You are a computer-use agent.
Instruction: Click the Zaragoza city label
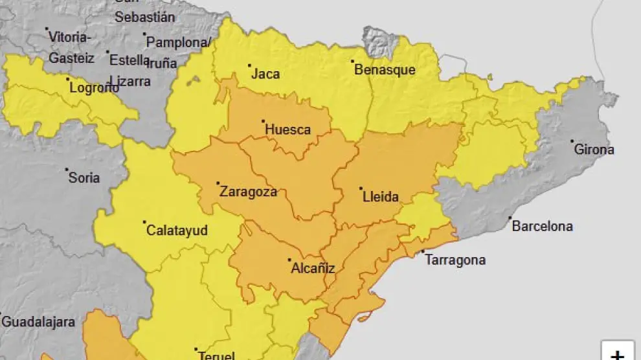(x=248, y=192)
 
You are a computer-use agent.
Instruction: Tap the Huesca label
(x=287, y=129)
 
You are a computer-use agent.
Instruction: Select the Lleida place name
(x=380, y=197)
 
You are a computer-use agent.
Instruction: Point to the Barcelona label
(x=542, y=226)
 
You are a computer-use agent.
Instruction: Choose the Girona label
(x=594, y=150)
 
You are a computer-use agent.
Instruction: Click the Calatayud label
(x=177, y=230)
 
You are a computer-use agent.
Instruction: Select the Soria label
(x=84, y=177)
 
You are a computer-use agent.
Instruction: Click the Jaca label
(x=265, y=74)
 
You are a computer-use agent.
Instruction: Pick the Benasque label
(x=385, y=70)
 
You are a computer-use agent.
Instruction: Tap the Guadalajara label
(x=38, y=321)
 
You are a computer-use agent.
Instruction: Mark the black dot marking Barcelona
(x=510, y=218)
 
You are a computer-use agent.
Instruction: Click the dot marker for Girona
(x=572, y=141)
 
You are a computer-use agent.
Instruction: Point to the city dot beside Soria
(x=67, y=170)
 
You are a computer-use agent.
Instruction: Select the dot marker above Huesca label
(x=263, y=121)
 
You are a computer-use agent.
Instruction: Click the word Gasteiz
(x=71, y=58)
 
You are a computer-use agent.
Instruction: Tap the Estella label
(x=129, y=60)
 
